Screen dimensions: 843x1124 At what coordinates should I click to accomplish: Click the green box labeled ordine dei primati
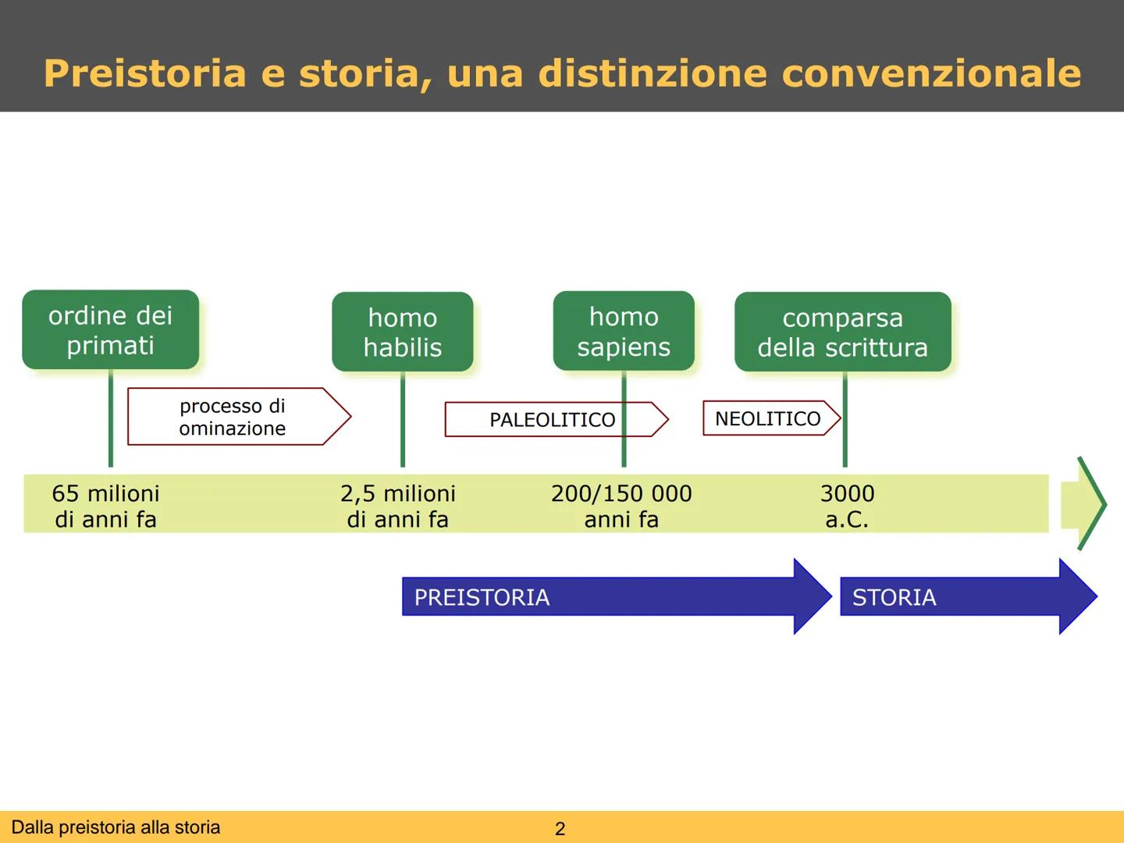[x=110, y=329]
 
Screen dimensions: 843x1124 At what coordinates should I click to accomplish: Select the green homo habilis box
[x=402, y=332]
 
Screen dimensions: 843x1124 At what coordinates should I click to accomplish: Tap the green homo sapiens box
[x=624, y=331]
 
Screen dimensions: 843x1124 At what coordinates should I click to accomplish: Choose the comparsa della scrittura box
[x=842, y=332]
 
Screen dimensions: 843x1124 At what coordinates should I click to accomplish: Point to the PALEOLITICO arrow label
[x=553, y=420]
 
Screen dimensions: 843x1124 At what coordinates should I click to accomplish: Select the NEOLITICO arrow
[x=768, y=418]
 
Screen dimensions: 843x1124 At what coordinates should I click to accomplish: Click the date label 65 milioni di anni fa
[x=105, y=506]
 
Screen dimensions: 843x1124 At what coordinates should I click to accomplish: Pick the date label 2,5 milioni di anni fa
[x=398, y=506]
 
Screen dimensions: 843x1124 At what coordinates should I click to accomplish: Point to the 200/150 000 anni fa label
[x=621, y=506]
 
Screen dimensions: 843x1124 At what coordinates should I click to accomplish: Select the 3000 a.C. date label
[x=847, y=506]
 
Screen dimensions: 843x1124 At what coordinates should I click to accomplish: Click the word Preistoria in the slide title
[x=145, y=73]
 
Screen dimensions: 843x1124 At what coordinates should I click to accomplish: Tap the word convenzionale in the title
[x=930, y=73]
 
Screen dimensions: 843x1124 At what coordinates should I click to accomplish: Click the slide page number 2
[x=560, y=829]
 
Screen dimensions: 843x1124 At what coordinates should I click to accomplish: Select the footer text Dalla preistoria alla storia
[x=116, y=827]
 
